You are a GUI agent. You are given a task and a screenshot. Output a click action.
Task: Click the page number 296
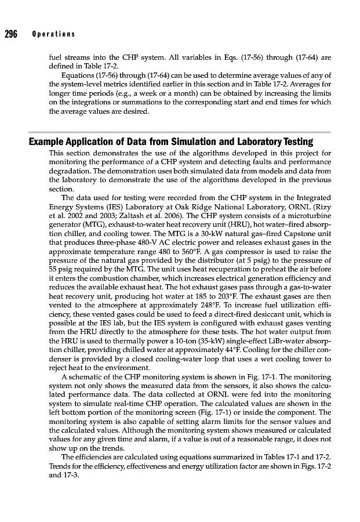tap(11, 34)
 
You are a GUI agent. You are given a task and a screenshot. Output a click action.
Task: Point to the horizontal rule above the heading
tap(180, 132)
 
